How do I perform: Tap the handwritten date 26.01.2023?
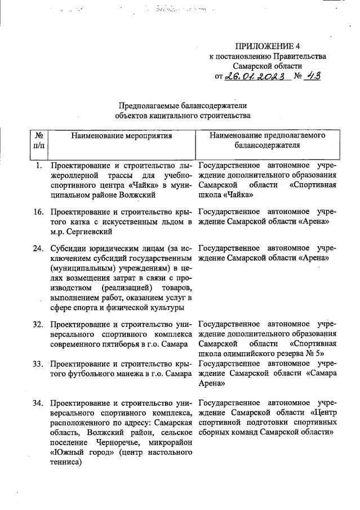tap(256, 77)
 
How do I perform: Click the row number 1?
tap(38, 166)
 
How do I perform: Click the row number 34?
tap(37, 403)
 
